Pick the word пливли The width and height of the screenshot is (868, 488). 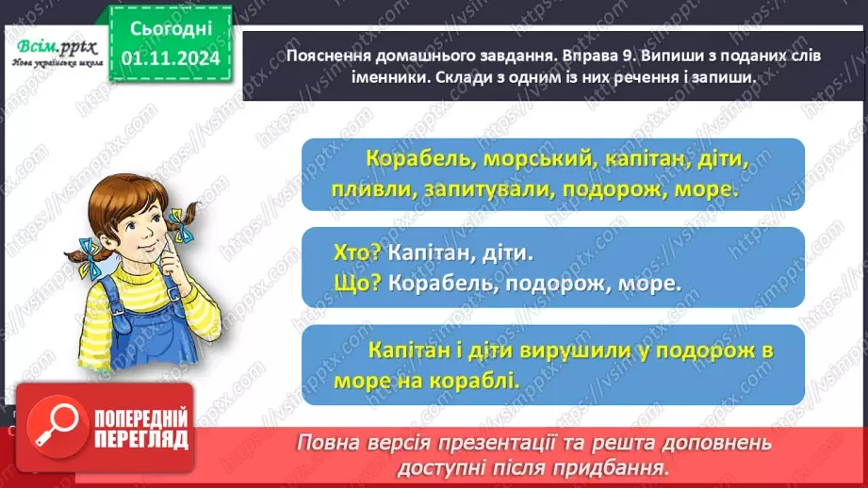click(362, 189)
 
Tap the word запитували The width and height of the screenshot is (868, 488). click(478, 189)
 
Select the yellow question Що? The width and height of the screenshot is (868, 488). click(357, 283)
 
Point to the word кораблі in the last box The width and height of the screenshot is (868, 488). click(481, 381)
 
